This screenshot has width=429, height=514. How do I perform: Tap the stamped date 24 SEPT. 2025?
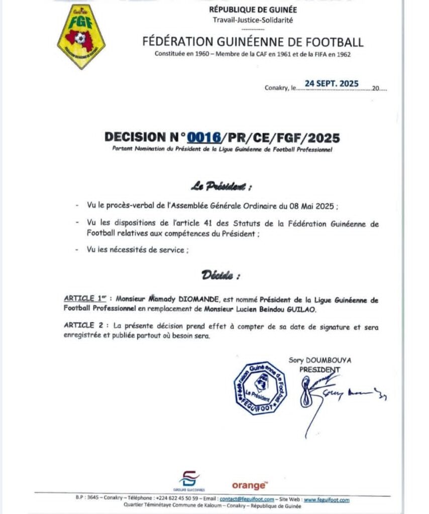tap(332, 83)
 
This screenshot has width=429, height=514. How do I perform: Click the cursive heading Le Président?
tap(221, 187)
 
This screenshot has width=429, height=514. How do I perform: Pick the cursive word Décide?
tap(221, 275)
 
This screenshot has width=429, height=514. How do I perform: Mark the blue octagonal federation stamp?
tap(260, 388)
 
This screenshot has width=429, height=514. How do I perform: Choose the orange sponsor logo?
tap(249, 485)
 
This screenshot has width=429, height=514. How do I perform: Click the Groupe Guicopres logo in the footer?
tap(188, 480)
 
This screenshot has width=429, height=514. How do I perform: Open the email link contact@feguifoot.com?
tap(247, 499)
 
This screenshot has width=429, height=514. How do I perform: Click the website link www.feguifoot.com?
tap(326, 499)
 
